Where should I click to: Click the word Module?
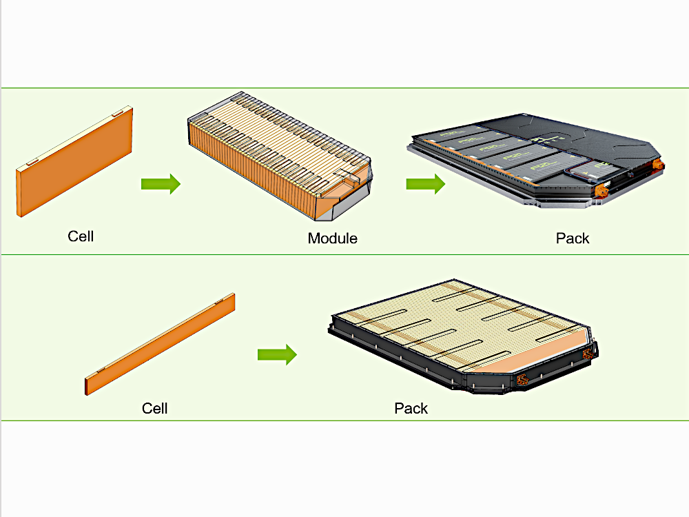pyautogui.click(x=332, y=239)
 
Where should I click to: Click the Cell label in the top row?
pyautogui.click(x=81, y=236)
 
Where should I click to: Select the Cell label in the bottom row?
pyautogui.click(x=154, y=408)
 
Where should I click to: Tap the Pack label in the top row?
pyautogui.click(x=573, y=239)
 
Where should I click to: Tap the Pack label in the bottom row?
pyautogui.click(x=411, y=408)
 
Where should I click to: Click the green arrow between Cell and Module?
pyautogui.click(x=161, y=184)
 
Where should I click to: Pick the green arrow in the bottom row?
pyautogui.click(x=277, y=355)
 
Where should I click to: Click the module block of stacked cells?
pyautogui.click(x=276, y=159)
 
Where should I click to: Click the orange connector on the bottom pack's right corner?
pyautogui.click(x=587, y=354)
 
